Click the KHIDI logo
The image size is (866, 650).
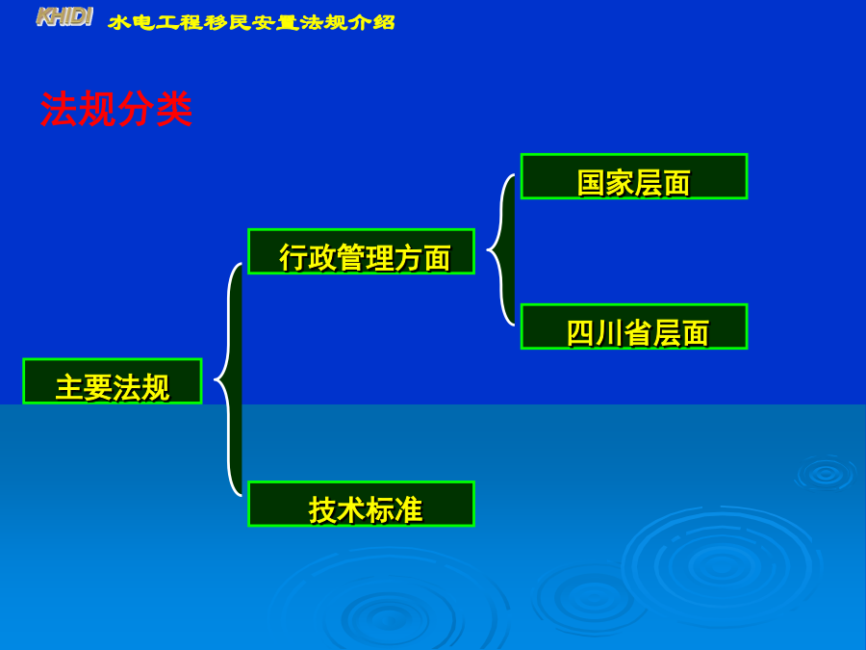(x=64, y=17)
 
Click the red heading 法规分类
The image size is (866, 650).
(x=116, y=109)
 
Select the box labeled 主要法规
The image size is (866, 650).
(x=113, y=380)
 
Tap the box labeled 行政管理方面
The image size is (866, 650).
(x=361, y=251)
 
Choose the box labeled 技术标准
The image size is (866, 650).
(x=361, y=504)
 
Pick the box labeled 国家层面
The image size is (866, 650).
(x=634, y=176)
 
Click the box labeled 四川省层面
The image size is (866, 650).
(x=634, y=326)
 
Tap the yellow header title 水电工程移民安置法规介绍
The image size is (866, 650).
(x=252, y=22)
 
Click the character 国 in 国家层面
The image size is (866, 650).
(x=592, y=183)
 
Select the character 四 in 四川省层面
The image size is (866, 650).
(x=581, y=333)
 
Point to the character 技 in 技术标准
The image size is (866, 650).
(x=322, y=509)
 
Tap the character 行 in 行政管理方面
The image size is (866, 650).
(x=293, y=257)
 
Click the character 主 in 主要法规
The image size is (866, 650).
(x=69, y=387)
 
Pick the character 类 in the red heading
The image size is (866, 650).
(x=174, y=109)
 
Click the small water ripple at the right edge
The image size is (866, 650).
(x=826, y=473)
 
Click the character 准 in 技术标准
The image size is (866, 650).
(x=408, y=509)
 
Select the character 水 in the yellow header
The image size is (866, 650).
(x=119, y=23)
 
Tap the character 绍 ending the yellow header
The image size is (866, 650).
(x=384, y=22)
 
